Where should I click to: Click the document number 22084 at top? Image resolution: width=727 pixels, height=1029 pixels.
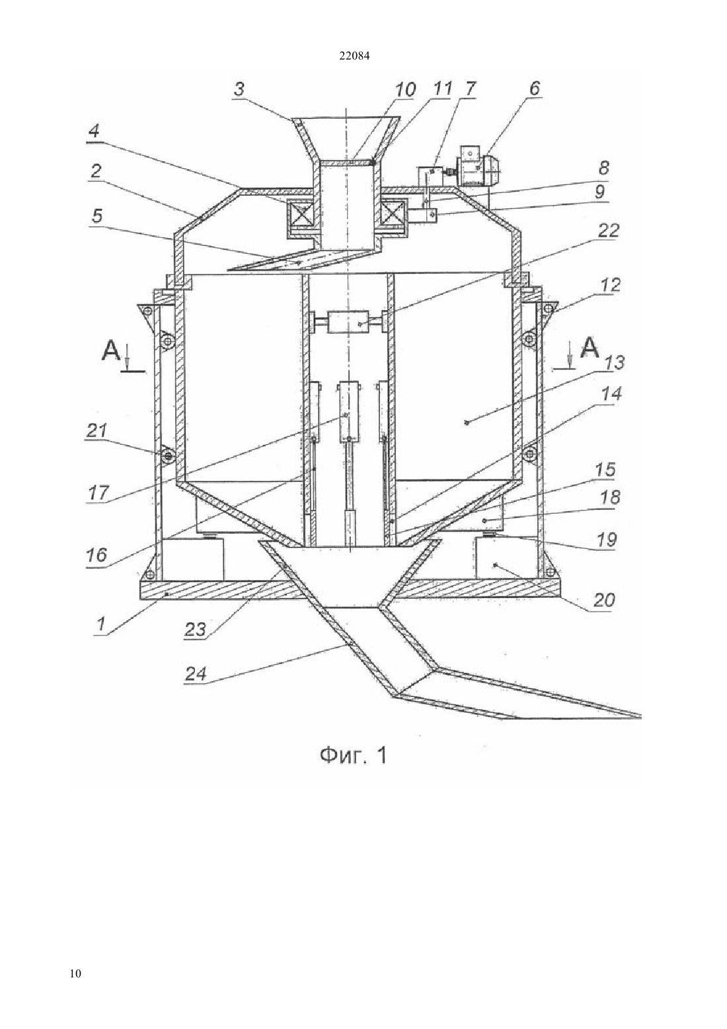tap(354, 56)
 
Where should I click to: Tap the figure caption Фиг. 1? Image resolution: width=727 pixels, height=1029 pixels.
tap(354, 756)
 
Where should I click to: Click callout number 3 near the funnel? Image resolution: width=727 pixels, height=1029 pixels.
tap(239, 89)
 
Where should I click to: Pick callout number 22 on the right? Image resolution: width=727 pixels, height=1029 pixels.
tap(607, 231)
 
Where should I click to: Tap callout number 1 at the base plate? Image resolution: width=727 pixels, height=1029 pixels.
tap(101, 624)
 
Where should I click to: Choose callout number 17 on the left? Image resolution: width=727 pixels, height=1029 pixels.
tap(98, 493)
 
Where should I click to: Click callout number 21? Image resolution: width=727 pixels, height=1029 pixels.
tap(97, 431)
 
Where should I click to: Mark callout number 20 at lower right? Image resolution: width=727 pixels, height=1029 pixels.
tap(604, 600)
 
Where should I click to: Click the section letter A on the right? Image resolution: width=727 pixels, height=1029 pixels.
tap(590, 348)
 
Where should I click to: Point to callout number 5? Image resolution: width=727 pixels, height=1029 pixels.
tap(96, 216)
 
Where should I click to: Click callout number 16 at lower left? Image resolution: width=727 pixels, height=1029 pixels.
tap(97, 555)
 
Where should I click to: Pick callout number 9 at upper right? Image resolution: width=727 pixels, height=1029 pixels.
tap(599, 191)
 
